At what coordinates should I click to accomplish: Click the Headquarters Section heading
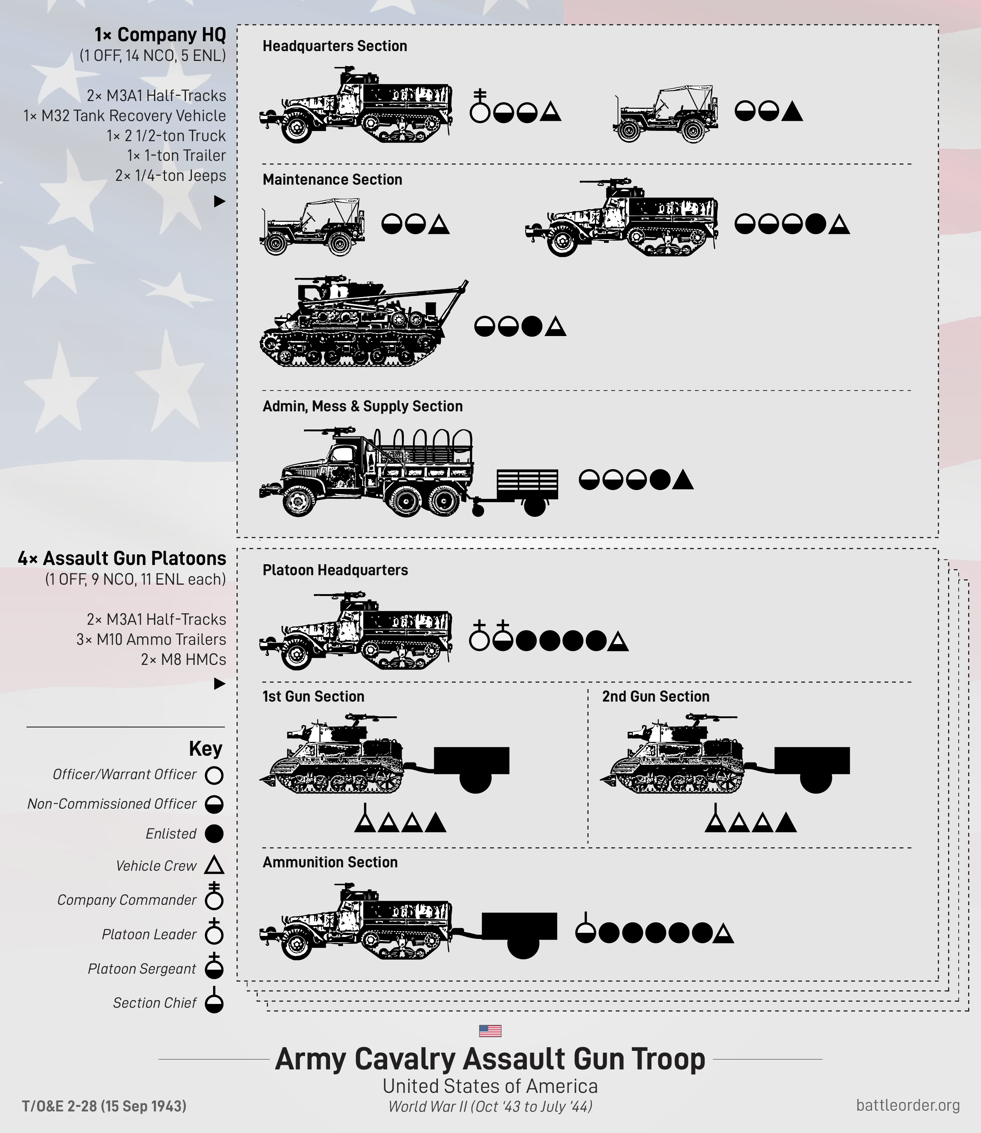point(335,46)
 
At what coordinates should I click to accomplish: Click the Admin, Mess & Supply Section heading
point(363,406)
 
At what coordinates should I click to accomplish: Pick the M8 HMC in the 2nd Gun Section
point(672,755)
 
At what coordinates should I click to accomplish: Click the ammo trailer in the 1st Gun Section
point(472,766)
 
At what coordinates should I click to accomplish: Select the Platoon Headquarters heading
point(335,570)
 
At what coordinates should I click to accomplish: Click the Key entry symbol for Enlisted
point(214,834)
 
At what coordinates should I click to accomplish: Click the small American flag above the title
point(490,1031)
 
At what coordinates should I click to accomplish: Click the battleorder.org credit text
point(908,1105)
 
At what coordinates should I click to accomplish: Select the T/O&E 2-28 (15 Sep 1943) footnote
point(104,1106)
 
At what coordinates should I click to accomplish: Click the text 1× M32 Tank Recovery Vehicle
point(124,115)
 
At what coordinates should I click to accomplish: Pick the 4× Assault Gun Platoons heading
point(121,558)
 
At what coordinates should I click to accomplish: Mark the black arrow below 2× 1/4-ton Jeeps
point(219,201)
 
